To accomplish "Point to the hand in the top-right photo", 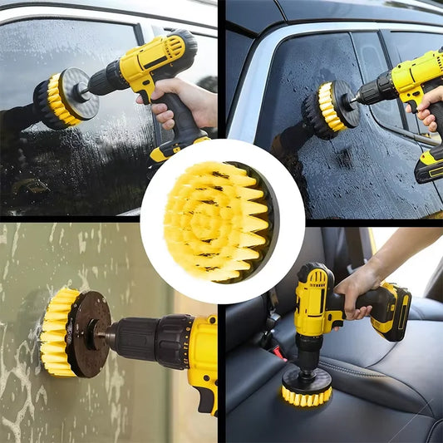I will tap(431, 109).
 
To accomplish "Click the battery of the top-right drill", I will tap(429, 166).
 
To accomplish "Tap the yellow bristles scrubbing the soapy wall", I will tap(55, 332).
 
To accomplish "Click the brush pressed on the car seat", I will tap(306, 386).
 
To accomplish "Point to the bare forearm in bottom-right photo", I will tap(407, 249).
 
